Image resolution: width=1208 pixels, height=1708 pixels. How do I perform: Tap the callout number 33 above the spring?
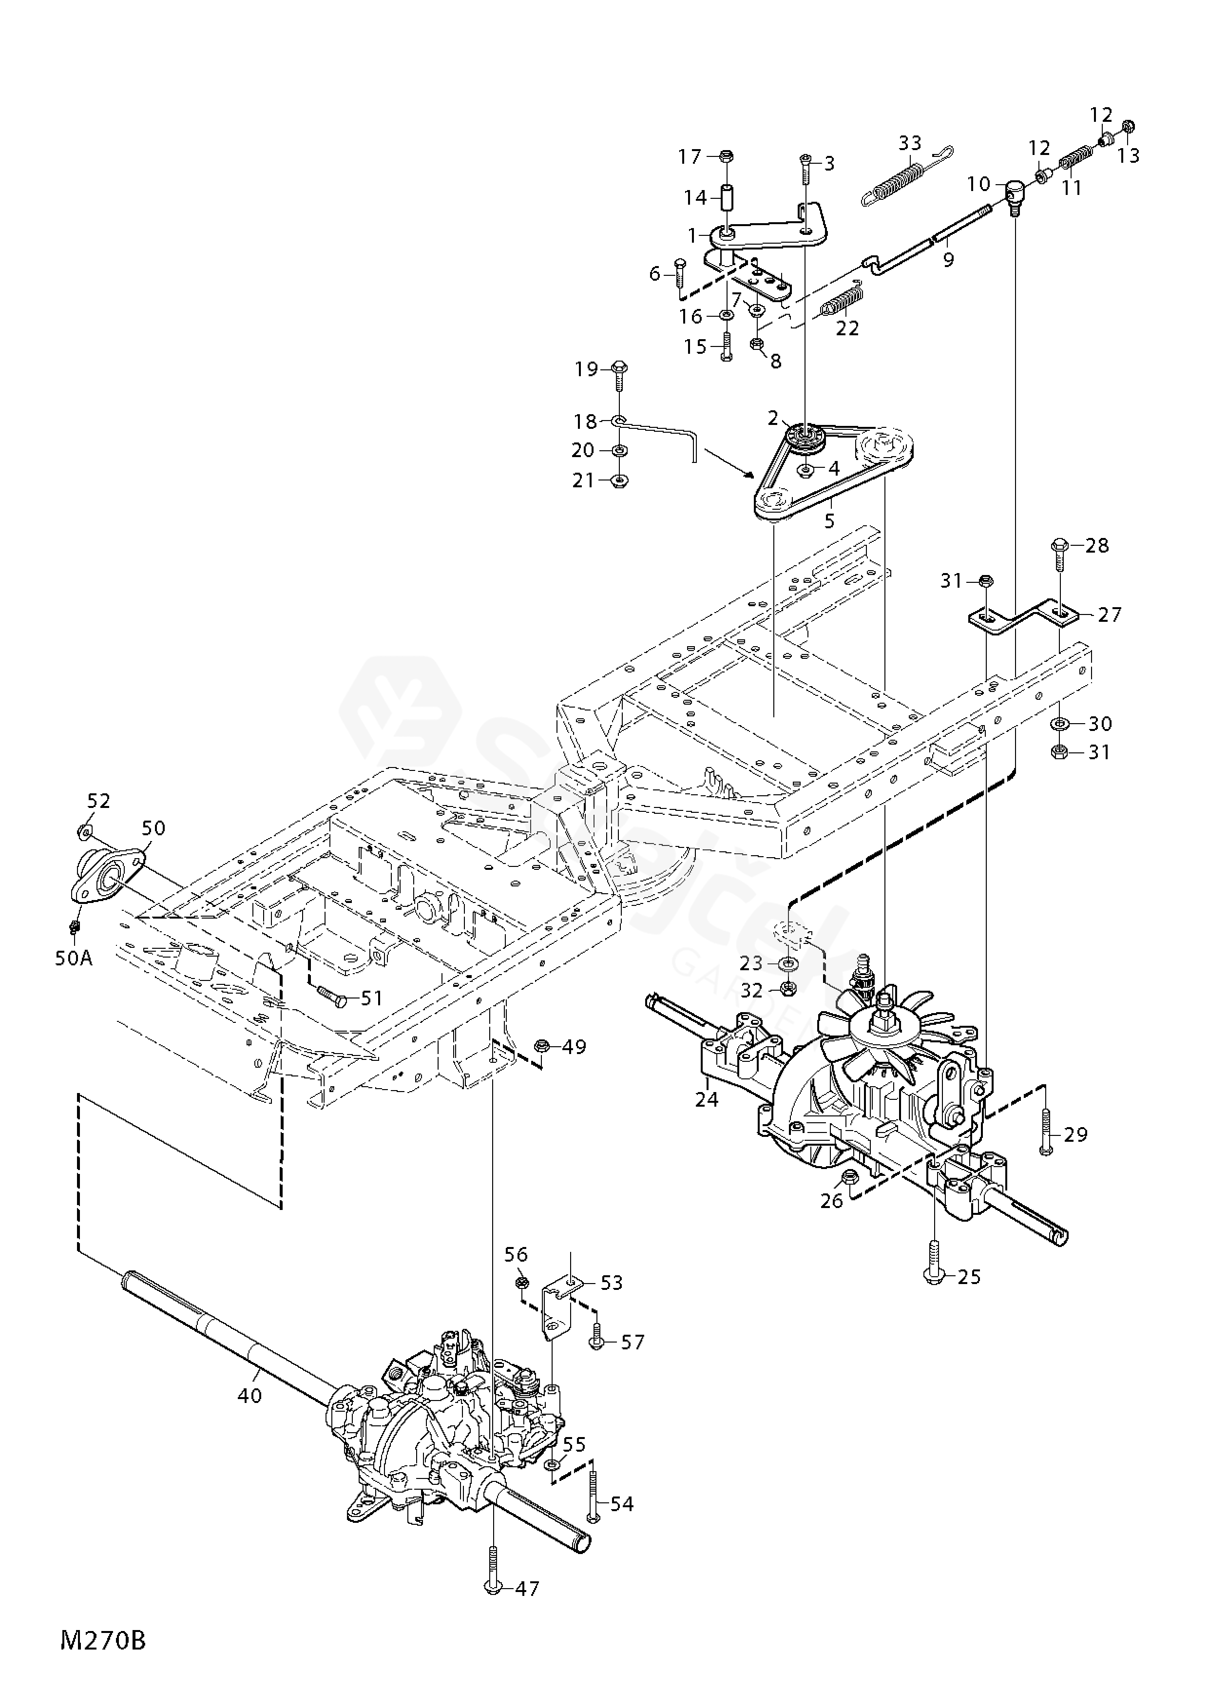pyautogui.click(x=910, y=143)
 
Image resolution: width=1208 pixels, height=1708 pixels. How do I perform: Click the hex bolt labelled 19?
pyautogui.click(x=622, y=376)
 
